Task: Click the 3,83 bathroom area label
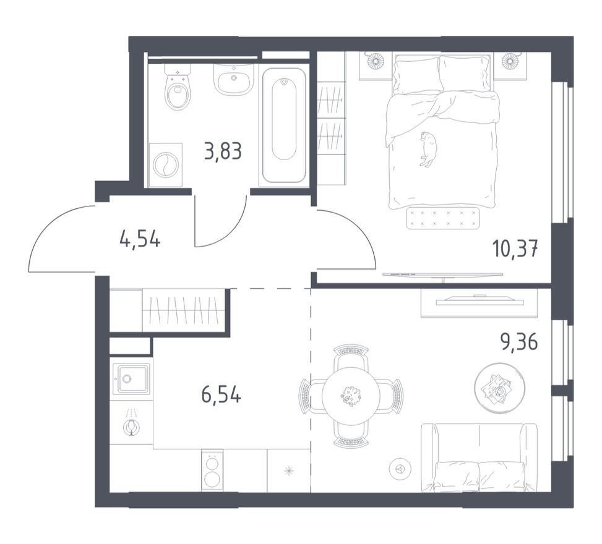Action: click(223, 152)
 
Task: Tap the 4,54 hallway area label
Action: click(140, 240)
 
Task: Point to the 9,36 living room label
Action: click(518, 341)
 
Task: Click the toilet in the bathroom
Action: click(178, 87)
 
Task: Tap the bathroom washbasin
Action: click(233, 79)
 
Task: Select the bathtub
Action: click(284, 125)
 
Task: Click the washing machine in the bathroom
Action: click(165, 165)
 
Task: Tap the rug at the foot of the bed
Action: click(442, 218)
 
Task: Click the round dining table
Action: click(351, 394)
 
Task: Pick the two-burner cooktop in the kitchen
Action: click(212, 470)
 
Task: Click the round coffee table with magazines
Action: click(500, 388)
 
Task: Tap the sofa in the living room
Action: click(479, 457)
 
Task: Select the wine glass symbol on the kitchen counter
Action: click(131, 423)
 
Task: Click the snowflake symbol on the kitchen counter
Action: click(289, 470)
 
